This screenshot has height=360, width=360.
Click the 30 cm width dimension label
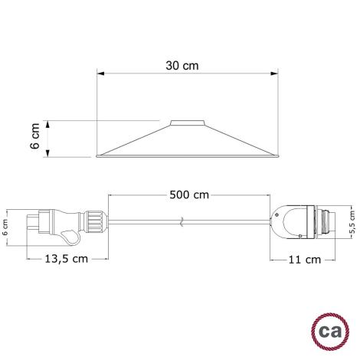[182, 67]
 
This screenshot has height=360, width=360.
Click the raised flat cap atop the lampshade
[182, 122]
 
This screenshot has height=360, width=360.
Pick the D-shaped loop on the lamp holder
[283, 224]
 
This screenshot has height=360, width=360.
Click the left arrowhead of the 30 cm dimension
[99, 74]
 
